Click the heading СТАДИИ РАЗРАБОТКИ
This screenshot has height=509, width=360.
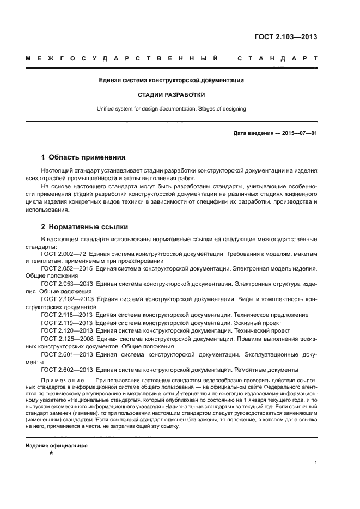(x=171, y=94)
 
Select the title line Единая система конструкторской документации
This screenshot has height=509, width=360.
(x=171, y=81)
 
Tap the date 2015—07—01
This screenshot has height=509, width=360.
(x=298, y=133)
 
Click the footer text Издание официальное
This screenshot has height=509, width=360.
(x=57, y=445)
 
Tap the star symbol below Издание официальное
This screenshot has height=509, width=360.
(x=51, y=453)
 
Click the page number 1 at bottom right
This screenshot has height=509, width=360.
(x=316, y=463)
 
